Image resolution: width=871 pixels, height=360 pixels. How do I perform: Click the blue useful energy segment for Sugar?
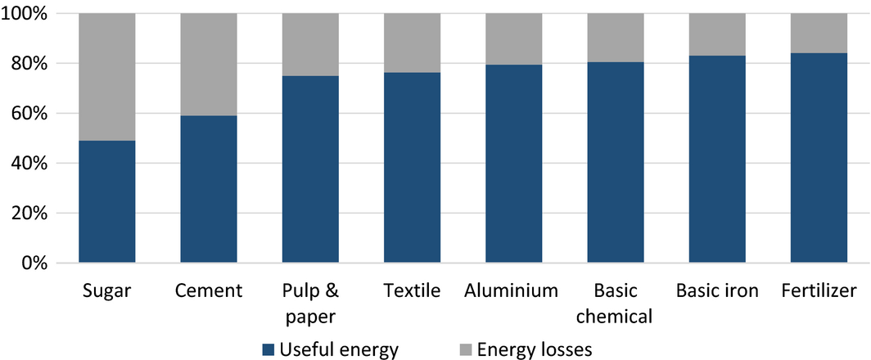(x=106, y=201)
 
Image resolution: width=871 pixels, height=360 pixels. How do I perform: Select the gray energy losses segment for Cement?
(x=208, y=65)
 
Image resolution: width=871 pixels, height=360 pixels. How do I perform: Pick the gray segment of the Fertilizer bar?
(x=819, y=34)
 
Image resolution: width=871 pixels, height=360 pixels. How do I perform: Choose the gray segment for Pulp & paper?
(x=310, y=45)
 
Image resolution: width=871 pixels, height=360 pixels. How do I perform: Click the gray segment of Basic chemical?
(x=616, y=38)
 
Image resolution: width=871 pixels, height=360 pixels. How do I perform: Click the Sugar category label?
(x=106, y=290)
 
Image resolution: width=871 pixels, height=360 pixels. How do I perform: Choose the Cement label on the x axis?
(x=208, y=290)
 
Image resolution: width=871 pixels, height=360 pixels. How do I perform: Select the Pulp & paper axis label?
(x=310, y=303)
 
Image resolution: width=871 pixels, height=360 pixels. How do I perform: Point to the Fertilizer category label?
(x=819, y=290)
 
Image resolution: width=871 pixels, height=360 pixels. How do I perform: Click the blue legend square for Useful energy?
(x=268, y=350)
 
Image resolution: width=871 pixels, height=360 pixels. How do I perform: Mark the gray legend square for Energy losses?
(x=466, y=350)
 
